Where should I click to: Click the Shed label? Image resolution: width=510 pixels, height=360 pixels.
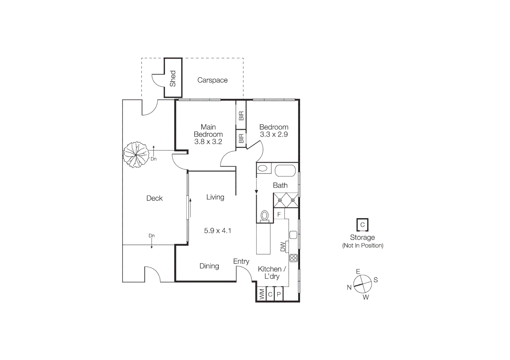(x=173, y=78)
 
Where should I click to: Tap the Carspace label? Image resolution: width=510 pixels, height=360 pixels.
(x=212, y=80)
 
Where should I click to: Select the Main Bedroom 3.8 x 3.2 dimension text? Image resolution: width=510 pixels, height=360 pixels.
(x=208, y=141)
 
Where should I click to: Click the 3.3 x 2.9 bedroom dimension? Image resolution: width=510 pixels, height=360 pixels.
(x=274, y=134)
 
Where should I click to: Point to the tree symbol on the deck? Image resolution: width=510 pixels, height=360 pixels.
(x=136, y=154)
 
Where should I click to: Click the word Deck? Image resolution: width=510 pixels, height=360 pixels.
(x=154, y=198)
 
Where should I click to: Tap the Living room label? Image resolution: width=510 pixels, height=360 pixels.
(x=215, y=197)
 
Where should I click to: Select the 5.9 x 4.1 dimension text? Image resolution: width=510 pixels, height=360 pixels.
(x=217, y=230)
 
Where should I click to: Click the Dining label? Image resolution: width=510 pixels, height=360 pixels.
(x=209, y=266)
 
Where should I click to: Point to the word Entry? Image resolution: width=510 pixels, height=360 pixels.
(x=241, y=261)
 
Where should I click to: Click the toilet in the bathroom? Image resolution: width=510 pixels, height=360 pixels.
(x=265, y=216)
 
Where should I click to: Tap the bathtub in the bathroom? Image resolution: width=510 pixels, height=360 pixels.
(x=285, y=170)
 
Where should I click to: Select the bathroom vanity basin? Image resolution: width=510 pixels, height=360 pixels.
(x=264, y=168)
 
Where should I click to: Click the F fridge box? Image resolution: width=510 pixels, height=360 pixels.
(x=279, y=214)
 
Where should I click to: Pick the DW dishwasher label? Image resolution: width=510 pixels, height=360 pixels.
(x=283, y=247)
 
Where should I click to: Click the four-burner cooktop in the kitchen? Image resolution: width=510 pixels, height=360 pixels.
(x=293, y=258)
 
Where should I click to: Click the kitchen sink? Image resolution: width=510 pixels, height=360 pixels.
(x=293, y=235)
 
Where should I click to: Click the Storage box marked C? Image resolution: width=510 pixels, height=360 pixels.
(x=362, y=225)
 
